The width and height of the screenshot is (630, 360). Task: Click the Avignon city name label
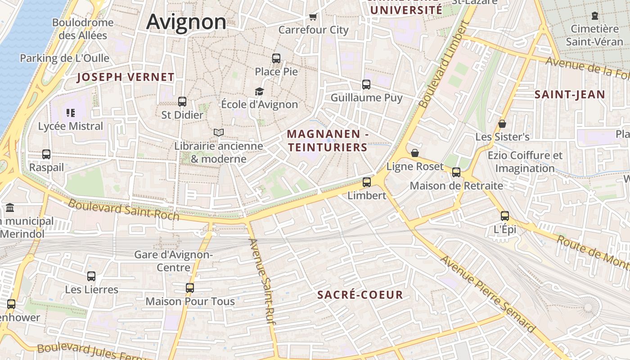pos(186,22)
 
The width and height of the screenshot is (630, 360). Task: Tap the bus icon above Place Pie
pos(276,58)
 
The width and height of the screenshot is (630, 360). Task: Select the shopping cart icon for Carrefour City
pos(313,17)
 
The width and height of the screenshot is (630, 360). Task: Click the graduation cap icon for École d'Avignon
pos(259,91)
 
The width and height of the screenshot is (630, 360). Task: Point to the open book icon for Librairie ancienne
pos(219,132)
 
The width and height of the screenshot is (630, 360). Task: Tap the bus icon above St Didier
pos(182,102)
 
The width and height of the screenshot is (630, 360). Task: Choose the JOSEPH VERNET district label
pos(126,77)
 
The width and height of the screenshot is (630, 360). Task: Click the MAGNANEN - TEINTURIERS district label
pos(328,140)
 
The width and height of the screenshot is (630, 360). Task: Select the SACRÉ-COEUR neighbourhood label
pos(360,295)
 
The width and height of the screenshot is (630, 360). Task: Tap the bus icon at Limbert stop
pos(367,182)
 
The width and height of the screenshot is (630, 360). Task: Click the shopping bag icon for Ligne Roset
pos(415,153)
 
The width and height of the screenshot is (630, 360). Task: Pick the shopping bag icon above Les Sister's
pos(502,123)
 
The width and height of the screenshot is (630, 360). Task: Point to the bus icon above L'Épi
pos(505,216)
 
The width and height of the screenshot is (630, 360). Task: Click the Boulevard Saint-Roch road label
pos(124,210)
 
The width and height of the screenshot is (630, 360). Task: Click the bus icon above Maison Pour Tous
pos(190,288)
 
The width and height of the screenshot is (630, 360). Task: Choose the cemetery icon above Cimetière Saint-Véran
pos(595,16)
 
